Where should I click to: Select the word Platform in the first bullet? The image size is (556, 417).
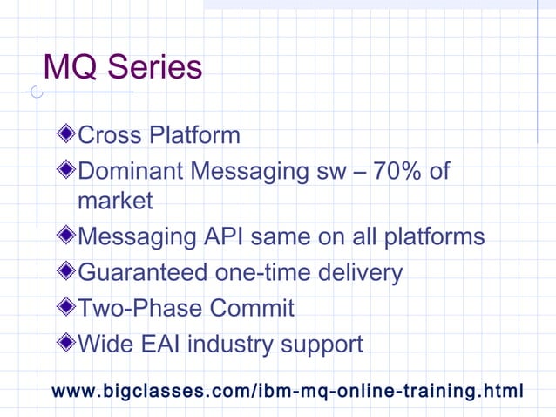[x=194, y=136]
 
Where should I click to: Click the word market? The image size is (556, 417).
[x=115, y=202]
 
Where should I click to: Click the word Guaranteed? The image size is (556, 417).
[x=143, y=273]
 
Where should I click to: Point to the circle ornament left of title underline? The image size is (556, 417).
[x=36, y=92]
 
